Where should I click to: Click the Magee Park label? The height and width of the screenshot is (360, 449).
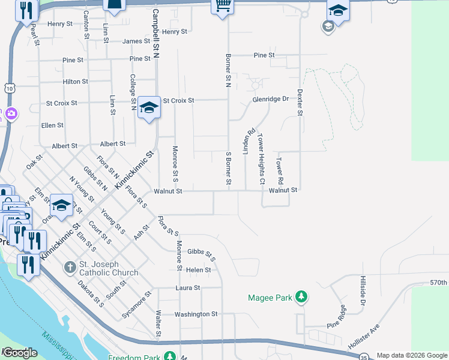point(270,298)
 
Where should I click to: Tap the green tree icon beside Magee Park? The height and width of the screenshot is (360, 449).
point(302,297)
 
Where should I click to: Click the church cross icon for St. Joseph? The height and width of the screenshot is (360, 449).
point(70,266)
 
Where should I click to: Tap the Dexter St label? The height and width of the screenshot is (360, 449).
point(300,103)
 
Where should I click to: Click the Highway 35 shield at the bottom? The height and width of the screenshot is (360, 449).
point(364,357)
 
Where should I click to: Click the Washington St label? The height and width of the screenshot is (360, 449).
point(196,314)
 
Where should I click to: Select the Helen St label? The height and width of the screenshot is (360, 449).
point(199,270)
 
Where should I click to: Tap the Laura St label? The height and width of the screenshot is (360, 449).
point(187,288)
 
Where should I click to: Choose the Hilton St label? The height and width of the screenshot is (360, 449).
point(76,82)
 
